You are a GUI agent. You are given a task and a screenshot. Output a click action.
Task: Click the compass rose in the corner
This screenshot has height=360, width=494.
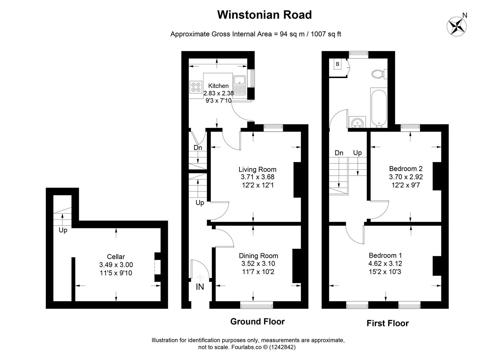457,26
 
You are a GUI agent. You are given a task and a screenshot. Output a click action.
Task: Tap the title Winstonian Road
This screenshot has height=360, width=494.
264,15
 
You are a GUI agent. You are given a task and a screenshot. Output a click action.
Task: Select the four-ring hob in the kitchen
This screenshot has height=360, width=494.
196,87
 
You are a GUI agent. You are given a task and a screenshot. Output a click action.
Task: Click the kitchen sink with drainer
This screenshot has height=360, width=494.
240,85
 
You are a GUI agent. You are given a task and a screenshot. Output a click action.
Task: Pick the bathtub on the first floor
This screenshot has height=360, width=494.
379,109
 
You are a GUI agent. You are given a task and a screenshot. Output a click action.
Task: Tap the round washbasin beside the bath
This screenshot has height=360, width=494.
357,122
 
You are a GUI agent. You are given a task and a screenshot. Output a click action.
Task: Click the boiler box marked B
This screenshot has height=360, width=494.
337,64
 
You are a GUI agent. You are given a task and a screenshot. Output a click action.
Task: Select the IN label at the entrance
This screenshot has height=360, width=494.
200,287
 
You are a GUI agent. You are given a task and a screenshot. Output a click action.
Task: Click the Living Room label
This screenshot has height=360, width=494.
257,169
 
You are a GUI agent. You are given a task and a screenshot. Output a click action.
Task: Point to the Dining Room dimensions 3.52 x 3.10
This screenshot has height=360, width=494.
258,264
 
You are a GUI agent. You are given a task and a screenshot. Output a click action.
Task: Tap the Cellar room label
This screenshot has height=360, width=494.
116,256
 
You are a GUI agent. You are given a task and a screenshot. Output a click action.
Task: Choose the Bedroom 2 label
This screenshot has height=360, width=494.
406,169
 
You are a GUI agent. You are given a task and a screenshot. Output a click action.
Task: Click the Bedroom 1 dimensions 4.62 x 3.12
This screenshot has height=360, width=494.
385,264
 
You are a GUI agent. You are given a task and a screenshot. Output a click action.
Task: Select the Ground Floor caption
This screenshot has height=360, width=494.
257,322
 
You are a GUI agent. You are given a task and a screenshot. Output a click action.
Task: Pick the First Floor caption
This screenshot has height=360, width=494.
387,323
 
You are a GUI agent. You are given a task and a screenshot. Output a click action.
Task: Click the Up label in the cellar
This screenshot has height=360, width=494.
63,230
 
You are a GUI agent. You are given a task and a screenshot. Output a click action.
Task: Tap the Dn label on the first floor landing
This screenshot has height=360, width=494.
339,153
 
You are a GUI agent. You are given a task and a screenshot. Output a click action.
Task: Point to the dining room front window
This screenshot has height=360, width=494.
256,306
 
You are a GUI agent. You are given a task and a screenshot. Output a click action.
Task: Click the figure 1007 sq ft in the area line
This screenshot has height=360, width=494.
326,34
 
